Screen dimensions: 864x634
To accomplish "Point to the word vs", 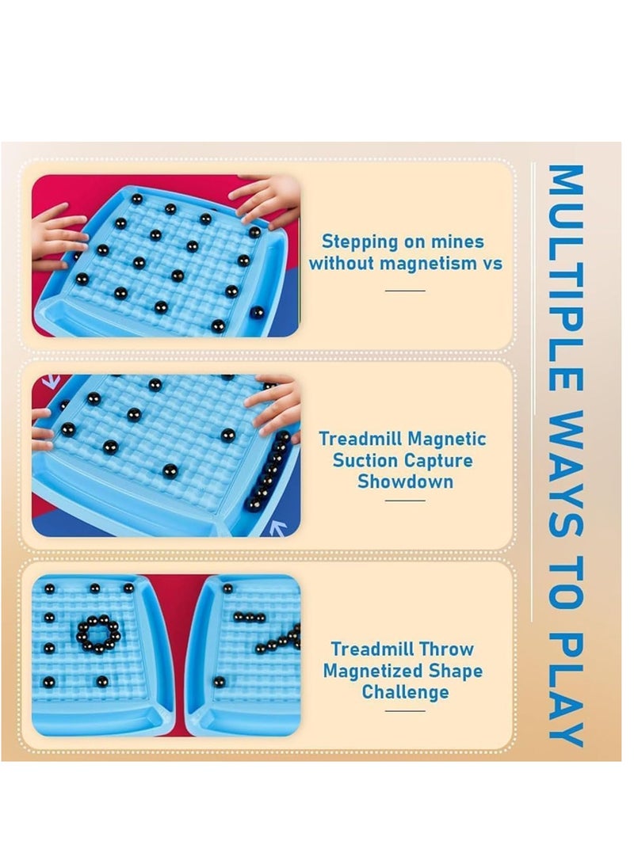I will tap(492, 264).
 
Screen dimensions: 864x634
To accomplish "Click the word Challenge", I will tap(405, 692).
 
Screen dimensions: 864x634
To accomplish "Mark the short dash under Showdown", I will tap(405, 501).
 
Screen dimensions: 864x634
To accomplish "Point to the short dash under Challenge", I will tap(405, 711).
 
